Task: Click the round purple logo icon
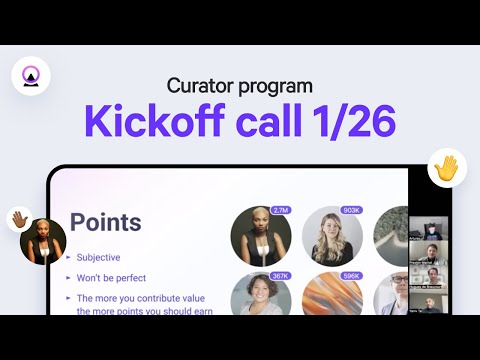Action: point(30,75)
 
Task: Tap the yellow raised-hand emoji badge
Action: point(447,168)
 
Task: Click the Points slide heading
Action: point(105,222)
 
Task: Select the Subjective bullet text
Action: point(104,257)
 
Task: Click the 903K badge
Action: point(351,210)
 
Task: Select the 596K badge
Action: point(351,276)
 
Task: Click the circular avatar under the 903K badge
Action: point(332,236)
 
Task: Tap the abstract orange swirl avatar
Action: point(332,297)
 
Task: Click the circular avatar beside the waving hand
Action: point(43,241)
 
